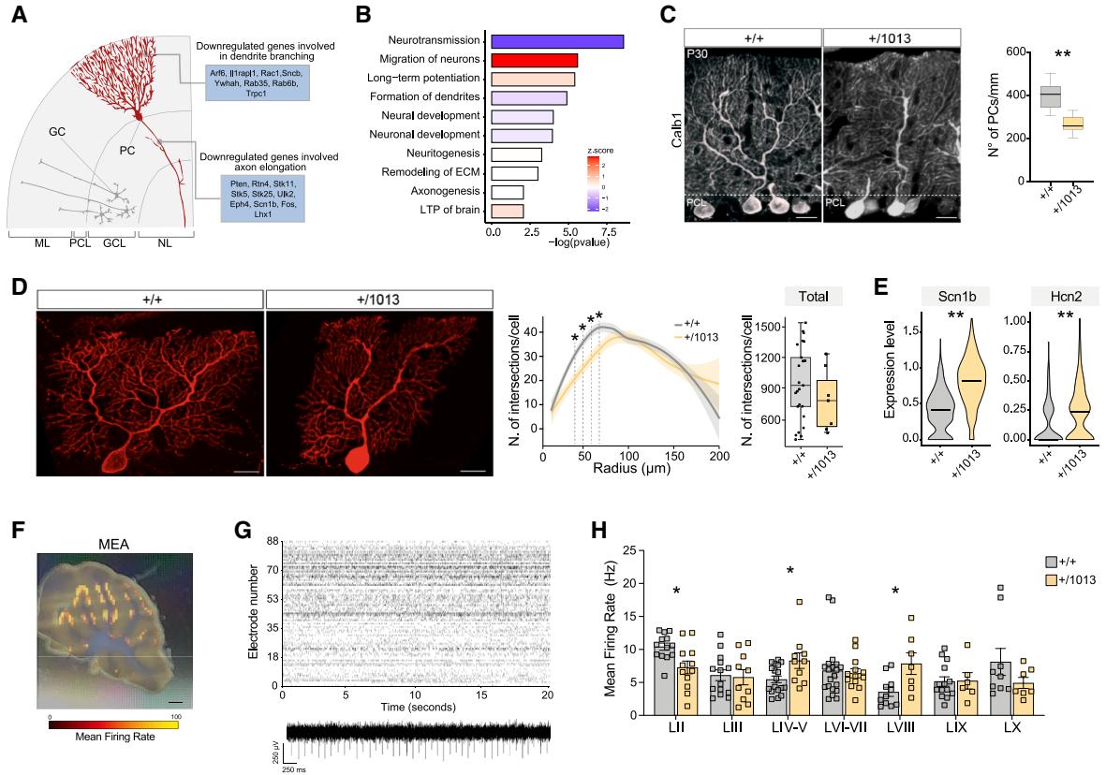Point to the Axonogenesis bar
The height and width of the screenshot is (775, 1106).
click(508, 191)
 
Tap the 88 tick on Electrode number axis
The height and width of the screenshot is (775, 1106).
click(273, 541)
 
